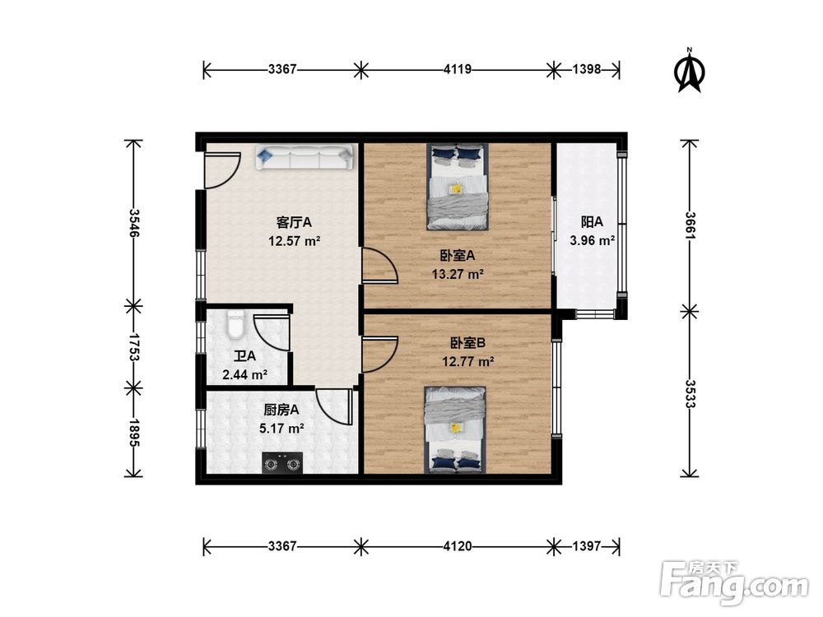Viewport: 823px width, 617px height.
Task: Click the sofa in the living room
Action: click(x=305, y=157)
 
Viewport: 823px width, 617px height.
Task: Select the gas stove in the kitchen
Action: click(x=283, y=462)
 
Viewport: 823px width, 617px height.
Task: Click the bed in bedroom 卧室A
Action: click(x=457, y=187)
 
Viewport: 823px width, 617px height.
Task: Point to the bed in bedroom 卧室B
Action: click(x=455, y=430)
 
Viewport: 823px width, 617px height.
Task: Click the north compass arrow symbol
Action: click(x=690, y=70)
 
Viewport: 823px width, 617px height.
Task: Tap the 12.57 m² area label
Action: click(x=295, y=241)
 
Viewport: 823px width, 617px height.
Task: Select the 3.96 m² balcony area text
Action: click(x=593, y=241)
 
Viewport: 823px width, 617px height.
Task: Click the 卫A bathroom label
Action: click(x=244, y=356)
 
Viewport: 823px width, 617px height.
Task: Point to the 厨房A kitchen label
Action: click(x=281, y=410)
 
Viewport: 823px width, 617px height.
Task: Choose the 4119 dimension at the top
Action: click(x=457, y=69)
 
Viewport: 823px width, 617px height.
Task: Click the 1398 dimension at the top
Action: click(x=586, y=69)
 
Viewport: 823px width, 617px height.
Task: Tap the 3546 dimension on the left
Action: click(x=134, y=223)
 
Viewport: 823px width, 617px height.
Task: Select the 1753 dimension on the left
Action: click(x=134, y=347)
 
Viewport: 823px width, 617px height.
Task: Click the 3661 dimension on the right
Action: click(x=690, y=225)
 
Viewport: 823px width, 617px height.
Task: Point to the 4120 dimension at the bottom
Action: click(x=457, y=547)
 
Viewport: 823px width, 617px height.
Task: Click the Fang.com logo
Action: click(x=734, y=582)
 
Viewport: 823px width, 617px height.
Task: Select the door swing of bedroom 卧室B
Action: click(x=379, y=355)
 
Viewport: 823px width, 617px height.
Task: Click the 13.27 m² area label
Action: click(x=458, y=275)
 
